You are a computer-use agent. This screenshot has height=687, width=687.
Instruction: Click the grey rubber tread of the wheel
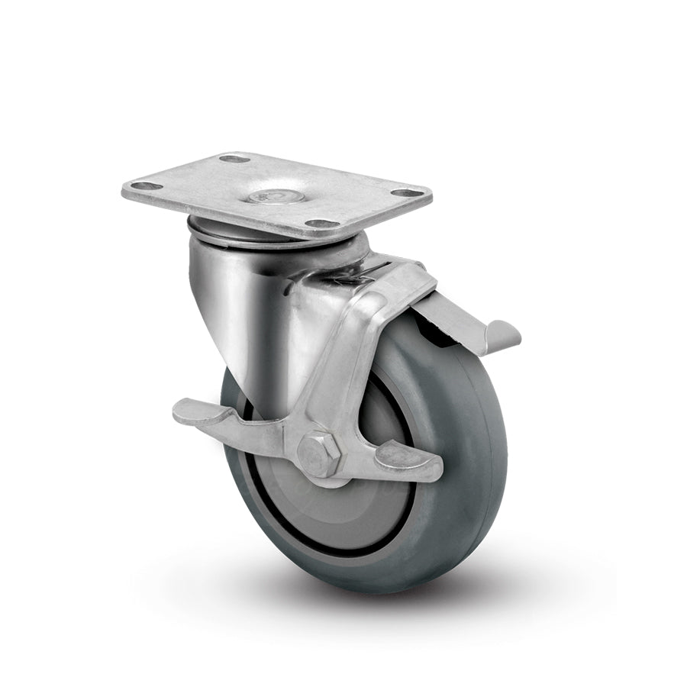click(473, 458)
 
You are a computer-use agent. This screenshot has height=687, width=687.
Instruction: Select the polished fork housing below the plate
click(237, 305)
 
